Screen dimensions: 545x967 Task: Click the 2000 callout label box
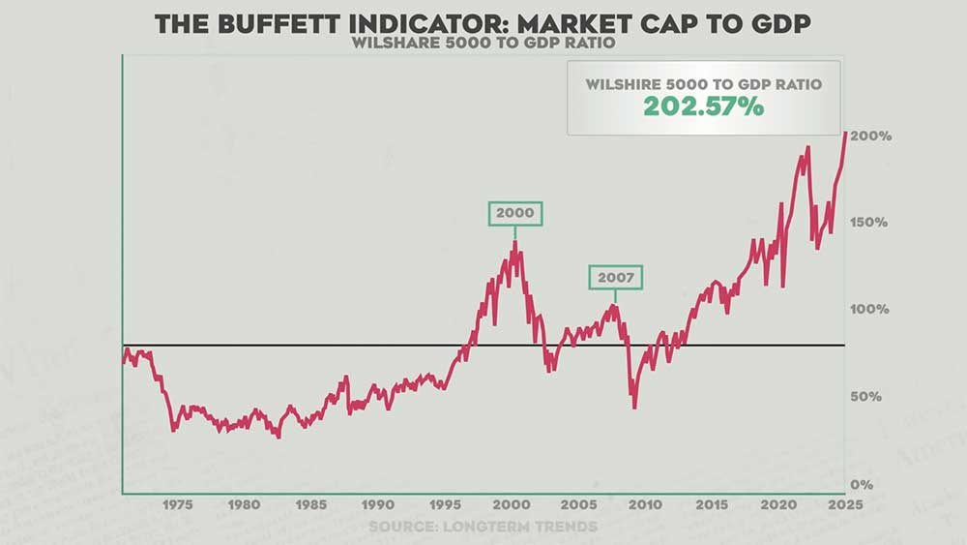(514, 213)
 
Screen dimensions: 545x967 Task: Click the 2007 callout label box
(616, 277)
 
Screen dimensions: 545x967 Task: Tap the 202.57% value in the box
(704, 106)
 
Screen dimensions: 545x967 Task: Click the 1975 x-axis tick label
(177, 504)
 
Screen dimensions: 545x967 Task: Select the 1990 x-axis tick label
(378, 504)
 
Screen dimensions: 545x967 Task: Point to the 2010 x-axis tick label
(645, 504)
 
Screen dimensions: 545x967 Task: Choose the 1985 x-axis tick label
(311, 504)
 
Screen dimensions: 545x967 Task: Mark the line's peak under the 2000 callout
(514, 241)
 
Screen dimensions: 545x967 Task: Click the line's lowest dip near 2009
(634, 408)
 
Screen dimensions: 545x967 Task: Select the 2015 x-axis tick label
(712, 504)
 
